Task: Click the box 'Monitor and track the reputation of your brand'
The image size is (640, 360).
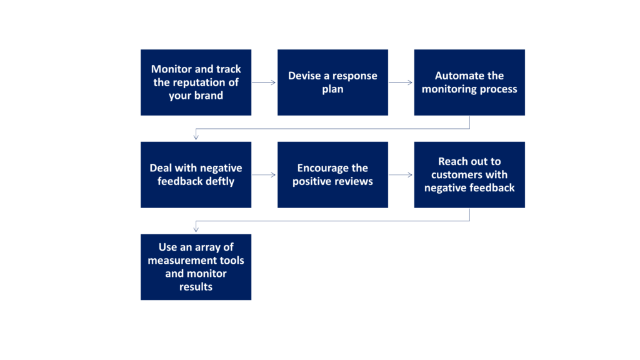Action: click(x=196, y=82)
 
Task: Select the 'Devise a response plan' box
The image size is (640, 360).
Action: click(x=332, y=82)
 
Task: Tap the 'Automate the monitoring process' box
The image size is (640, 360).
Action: click(x=469, y=82)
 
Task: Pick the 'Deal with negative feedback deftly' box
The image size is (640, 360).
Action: click(x=196, y=175)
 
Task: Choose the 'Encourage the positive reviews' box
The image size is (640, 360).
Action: click(x=332, y=175)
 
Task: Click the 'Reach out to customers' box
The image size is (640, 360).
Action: click(x=469, y=175)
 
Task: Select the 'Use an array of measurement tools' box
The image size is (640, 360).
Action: click(x=196, y=267)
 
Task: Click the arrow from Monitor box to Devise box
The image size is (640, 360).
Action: click(x=264, y=82)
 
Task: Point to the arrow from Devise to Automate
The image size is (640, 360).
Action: click(x=401, y=82)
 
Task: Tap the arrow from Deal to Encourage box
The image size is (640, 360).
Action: click(x=264, y=175)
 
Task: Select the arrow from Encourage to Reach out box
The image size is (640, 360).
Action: click(x=401, y=175)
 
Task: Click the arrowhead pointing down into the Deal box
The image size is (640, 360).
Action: click(x=196, y=137)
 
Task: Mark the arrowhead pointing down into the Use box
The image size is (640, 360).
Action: click(x=196, y=229)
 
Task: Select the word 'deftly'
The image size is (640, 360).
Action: click(x=220, y=182)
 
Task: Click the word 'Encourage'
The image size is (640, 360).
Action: click(x=321, y=168)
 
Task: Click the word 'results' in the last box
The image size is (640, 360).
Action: click(x=196, y=286)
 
